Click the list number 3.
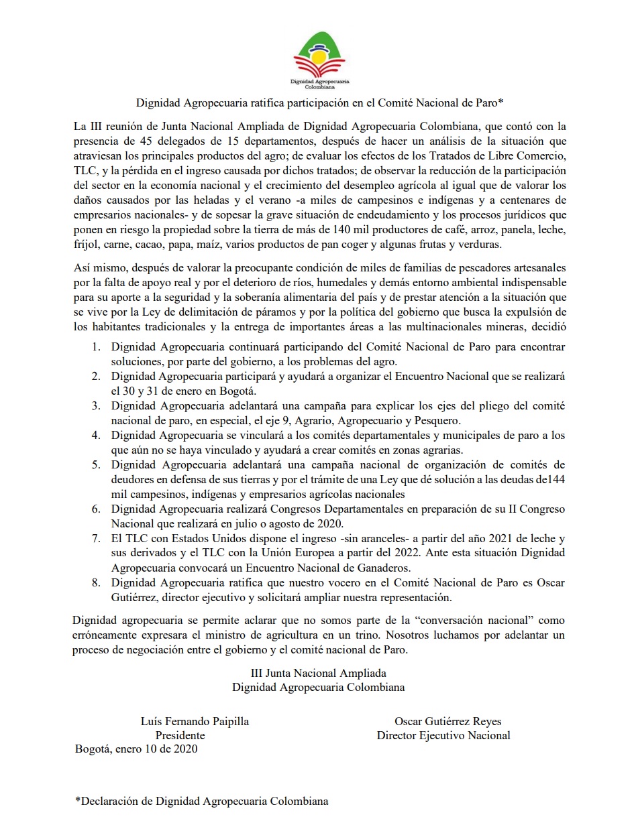pyautogui.click(x=97, y=406)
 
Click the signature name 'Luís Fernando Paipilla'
pyautogui.click(x=195, y=722)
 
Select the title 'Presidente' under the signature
pyautogui.click(x=180, y=735)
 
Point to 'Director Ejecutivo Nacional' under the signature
pyautogui.click(x=443, y=735)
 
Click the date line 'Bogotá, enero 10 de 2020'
pyautogui.click(x=136, y=749)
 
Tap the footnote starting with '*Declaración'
pyautogui.click(x=202, y=801)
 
